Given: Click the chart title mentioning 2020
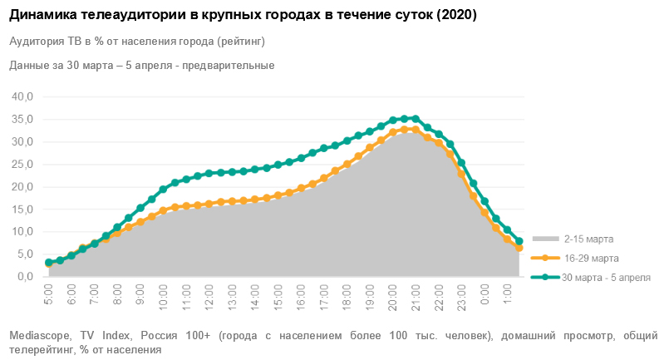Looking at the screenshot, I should click(248, 15).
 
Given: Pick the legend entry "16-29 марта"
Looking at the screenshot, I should click(589, 259).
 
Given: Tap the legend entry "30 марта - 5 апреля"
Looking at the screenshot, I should click(606, 277).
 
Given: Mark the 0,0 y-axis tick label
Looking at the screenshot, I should click(23, 277).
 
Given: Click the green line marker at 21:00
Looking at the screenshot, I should click(416, 119).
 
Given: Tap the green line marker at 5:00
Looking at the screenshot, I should click(48, 263).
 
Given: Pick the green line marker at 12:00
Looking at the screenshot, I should click(209, 173).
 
